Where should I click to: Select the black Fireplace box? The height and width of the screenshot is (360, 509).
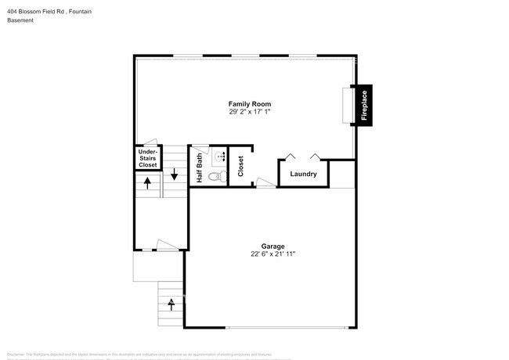click(x=364, y=104)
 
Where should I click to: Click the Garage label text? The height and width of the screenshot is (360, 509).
click(x=273, y=246)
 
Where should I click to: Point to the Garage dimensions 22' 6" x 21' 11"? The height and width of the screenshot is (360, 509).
click(x=273, y=254)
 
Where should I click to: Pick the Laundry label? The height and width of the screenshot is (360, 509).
click(x=303, y=174)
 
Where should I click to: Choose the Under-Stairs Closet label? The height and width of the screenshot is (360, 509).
click(x=148, y=160)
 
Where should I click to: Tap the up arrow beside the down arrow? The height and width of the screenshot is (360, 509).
click(x=146, y=183)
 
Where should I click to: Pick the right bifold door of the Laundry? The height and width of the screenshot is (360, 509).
click(x=316, y=156)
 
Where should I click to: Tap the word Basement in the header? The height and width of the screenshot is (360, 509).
click(x=20, y=20)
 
